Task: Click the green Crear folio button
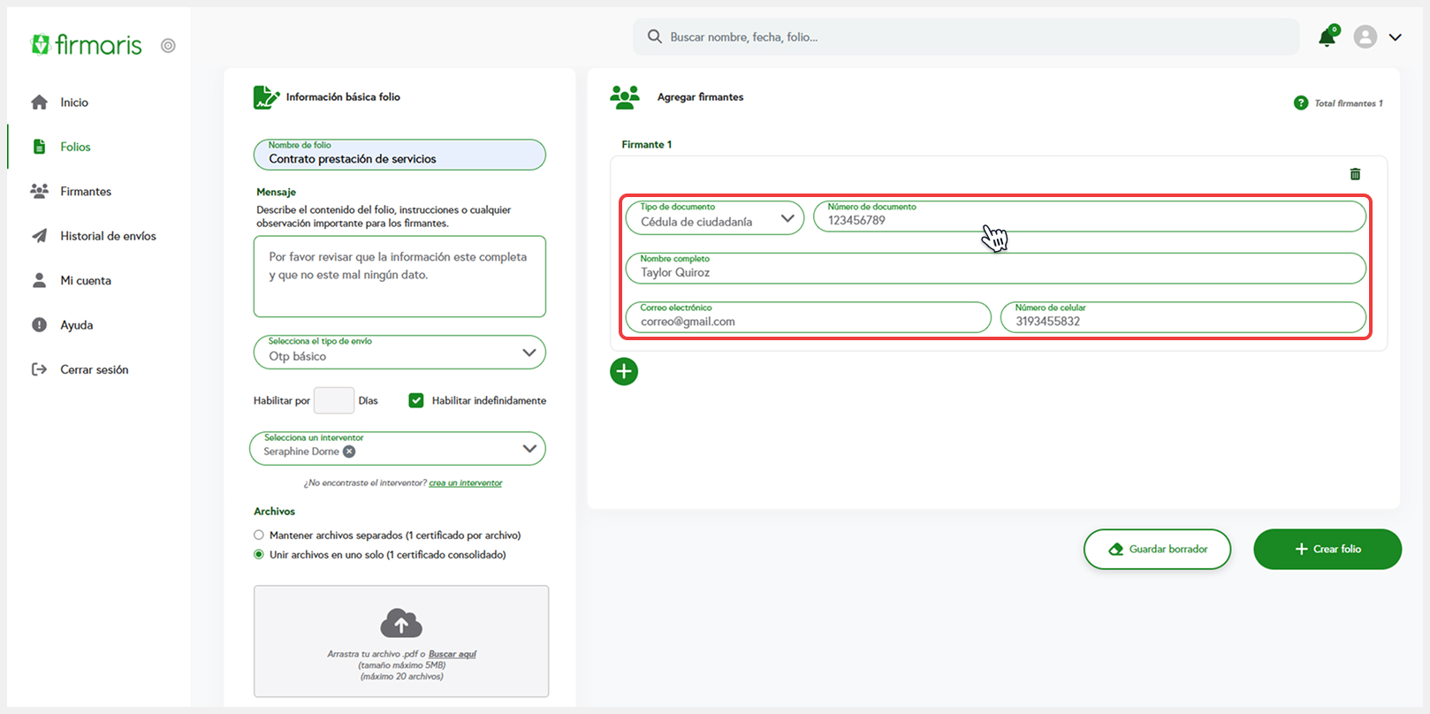point(1327,549)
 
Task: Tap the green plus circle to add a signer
point(624,371)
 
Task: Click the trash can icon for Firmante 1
point(1355,174)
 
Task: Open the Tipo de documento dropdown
point(714,217)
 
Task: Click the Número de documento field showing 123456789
point(1089,216)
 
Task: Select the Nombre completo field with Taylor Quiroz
point(995,268)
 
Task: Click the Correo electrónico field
point(808,317)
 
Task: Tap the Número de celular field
point(1183,317)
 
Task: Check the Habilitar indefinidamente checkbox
point(416,400)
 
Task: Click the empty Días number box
point(334,400)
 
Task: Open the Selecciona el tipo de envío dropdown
point(399,353)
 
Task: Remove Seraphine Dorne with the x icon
point(349,452)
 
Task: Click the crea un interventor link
point(466,483)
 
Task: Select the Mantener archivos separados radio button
point(259,535)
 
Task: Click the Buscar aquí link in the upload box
point(452,654)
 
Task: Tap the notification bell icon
point(1327,37)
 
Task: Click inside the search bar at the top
point(966,37)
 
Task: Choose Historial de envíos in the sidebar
point(108,236)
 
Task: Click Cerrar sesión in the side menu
point(94,369)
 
